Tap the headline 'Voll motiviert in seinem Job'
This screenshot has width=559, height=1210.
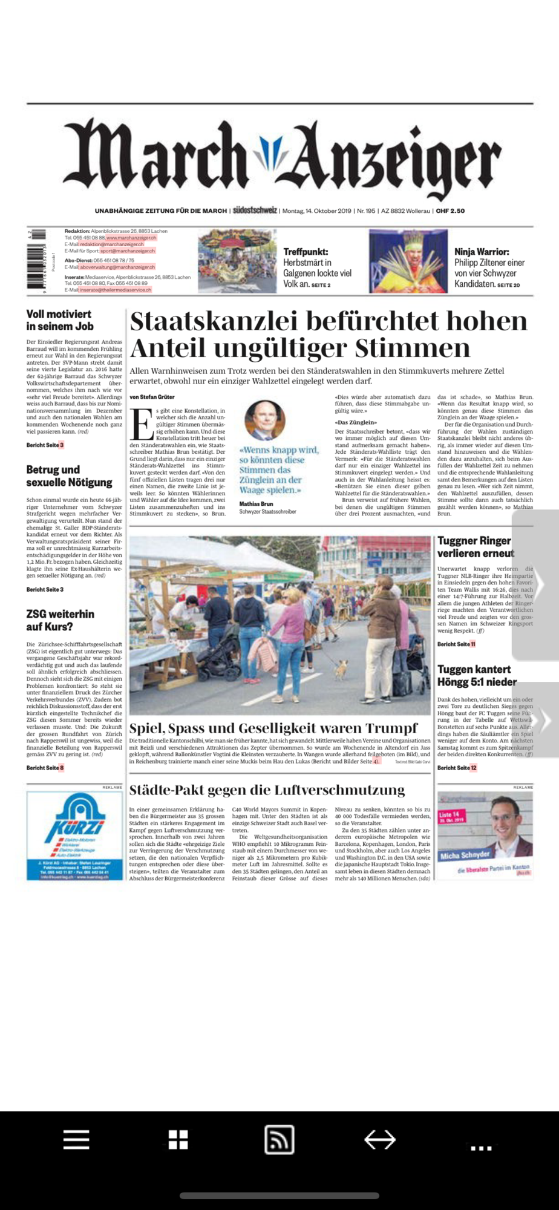(x=59, y=320)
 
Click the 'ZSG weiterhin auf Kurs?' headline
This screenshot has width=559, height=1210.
(x=60, y=620)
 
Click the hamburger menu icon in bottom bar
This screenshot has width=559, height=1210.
(x=76, y=1140)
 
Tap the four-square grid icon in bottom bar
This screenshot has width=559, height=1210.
(x=178, y=1140)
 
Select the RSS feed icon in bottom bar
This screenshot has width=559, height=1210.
(x=279, y=1140)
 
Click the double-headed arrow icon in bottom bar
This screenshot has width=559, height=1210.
(x=380, y=1140)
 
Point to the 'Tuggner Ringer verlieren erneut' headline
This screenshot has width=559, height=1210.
(x=475, y=547)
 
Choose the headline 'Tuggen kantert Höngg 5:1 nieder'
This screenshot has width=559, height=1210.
(x=477, y=676)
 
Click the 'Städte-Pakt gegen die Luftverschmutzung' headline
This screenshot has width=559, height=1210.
(x=267, y=790)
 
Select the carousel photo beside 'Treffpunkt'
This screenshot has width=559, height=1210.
(x=237, y=261)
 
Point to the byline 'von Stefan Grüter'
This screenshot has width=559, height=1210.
(x=152, y=397)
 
